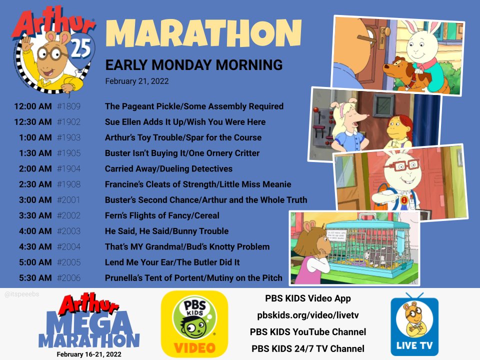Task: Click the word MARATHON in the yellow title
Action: [x=203, y=33]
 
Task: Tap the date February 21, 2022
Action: [x=136, y=81]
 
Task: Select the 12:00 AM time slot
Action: [x=33, y=106]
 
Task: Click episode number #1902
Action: [x=68, y=122]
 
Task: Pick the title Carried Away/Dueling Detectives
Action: [x=168, y=168]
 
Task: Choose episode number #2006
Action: [x=68, y=278]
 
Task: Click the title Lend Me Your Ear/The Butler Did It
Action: [x=172, y=262]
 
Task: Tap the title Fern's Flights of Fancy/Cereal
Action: [x=162, y=215]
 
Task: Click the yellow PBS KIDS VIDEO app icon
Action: [x=194, y=323]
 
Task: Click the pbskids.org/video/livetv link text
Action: [x=307, y=315]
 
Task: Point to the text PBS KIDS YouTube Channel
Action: [x=307, y=332]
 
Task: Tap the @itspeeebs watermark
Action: [x=22, y=294]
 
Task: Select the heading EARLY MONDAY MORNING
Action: [x=193, y=65]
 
